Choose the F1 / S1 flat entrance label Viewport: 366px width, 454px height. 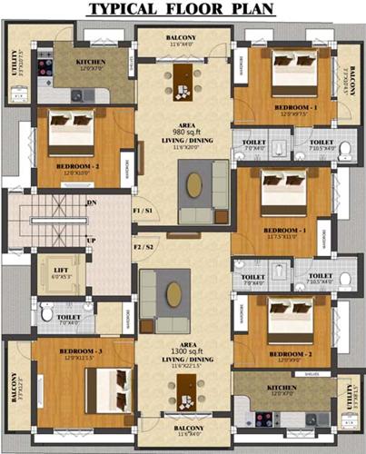point(143,211)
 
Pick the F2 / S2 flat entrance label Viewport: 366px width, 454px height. point(143,246)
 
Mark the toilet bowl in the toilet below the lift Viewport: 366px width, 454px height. point(46,313)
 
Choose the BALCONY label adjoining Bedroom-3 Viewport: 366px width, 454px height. point(15,386)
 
